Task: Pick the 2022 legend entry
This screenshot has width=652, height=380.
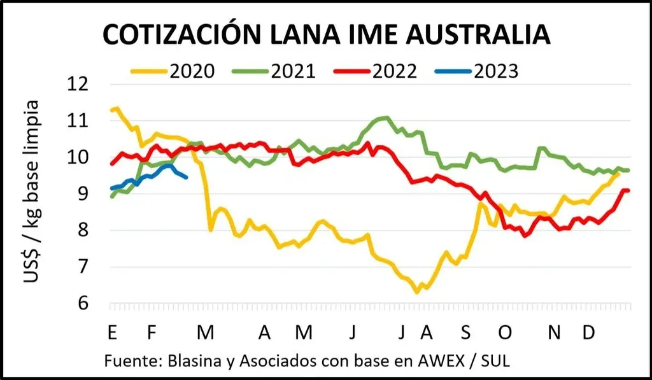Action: coord(393,71)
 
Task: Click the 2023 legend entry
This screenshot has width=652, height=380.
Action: coord(495,71)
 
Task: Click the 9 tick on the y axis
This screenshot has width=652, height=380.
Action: coord(87,194)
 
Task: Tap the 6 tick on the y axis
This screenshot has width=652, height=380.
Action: coord(87,304)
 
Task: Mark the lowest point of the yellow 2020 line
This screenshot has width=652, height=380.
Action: coord(417,292)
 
